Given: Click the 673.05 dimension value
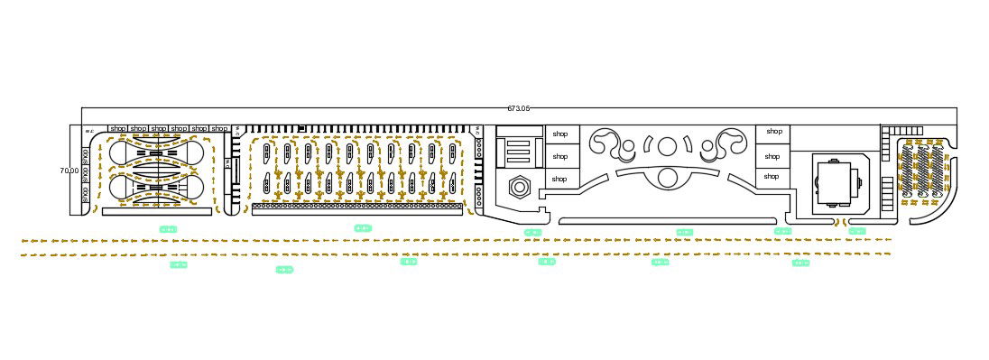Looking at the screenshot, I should tap(518, 108).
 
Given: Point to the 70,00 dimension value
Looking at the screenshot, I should tap(69, 170).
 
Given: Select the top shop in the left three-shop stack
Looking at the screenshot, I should tap(559, 134).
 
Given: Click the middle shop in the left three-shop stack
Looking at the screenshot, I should tap(559, 155).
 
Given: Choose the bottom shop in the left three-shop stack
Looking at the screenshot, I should tap(559, 179).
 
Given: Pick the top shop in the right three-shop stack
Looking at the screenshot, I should tap(773, 132).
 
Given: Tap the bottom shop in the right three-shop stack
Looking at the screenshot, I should tap(772, 176).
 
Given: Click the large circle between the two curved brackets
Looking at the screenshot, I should tap(668, 145).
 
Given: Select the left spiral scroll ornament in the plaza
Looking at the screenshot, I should tap(606, 143).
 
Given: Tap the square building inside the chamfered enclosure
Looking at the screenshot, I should tap(835, 180).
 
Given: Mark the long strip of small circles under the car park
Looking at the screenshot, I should tap(356, 207).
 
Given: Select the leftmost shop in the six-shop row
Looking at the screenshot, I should tap(117, 129).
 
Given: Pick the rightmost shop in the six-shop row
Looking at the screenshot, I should tap(219, 129).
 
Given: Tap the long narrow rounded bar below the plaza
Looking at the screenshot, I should tap(668, 221).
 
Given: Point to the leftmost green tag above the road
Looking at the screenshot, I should tap(168, 229).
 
